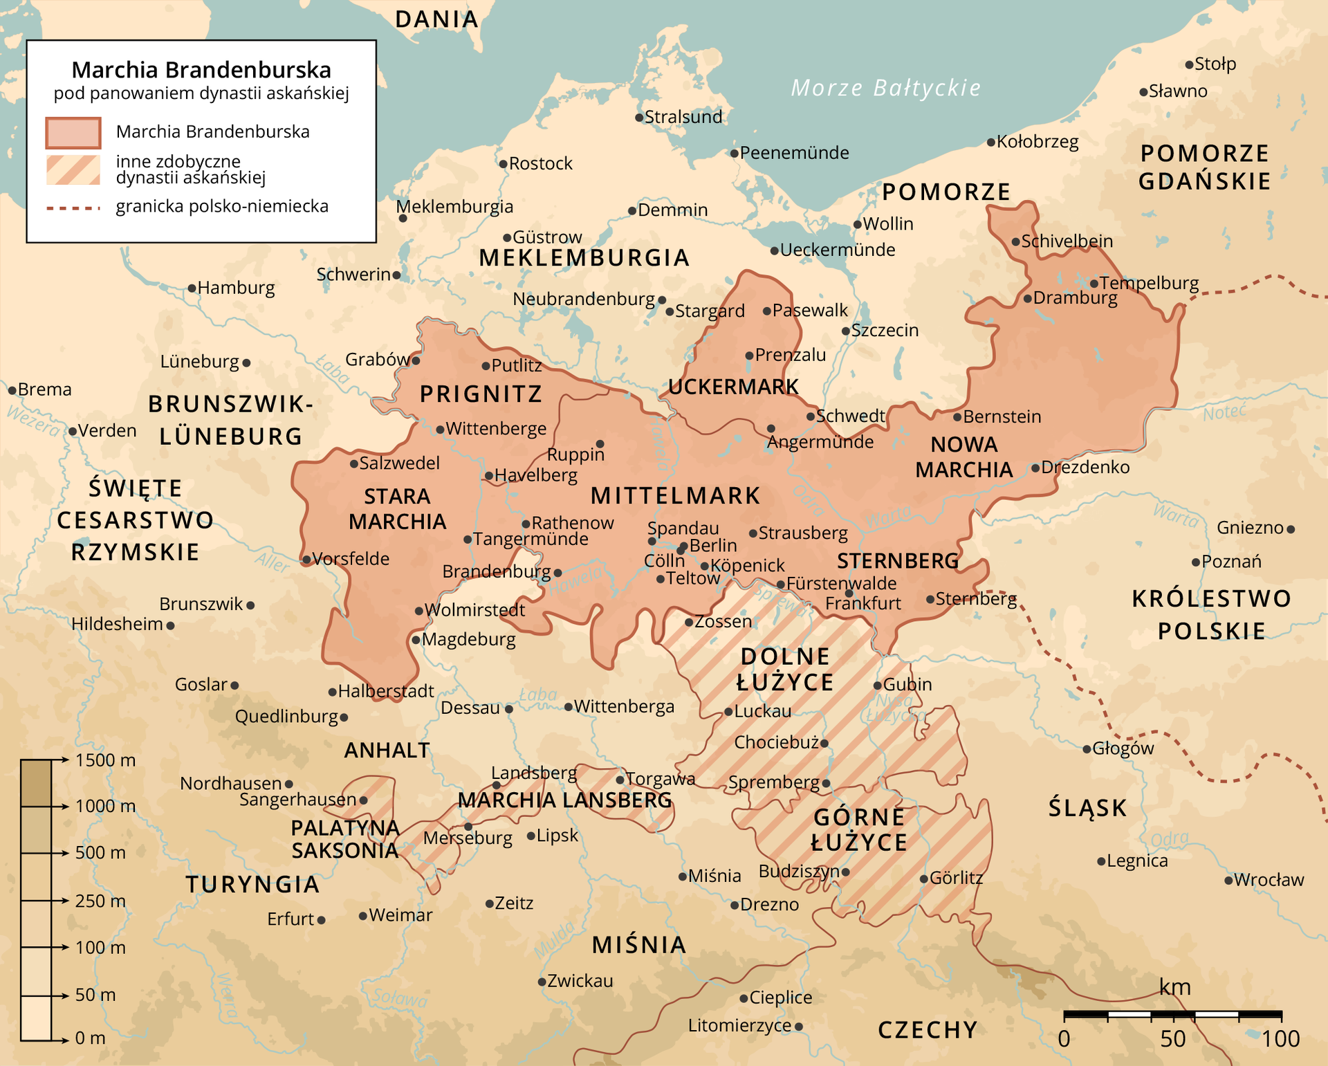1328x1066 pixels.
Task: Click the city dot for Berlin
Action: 683,546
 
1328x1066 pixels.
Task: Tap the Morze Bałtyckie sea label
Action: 885,88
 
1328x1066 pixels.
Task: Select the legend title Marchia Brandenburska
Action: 201,70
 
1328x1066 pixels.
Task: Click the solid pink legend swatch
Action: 73,133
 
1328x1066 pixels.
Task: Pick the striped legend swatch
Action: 73,169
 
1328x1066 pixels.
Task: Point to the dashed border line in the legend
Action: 73,208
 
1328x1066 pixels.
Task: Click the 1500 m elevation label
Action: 105,760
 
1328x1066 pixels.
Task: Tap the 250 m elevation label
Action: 100,901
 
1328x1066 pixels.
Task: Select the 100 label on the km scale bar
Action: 1280,1039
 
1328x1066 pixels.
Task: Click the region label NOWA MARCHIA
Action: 964,457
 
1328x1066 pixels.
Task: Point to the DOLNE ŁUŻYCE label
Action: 785,669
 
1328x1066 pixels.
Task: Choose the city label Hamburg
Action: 236,288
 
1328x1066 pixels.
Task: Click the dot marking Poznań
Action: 1196,562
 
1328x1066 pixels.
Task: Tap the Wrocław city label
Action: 1269,880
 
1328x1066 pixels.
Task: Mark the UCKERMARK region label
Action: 733,387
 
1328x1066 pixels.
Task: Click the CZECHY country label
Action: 928,1030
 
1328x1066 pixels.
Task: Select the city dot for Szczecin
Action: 845,331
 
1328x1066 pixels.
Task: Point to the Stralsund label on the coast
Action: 683,117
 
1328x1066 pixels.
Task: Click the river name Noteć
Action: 1224,413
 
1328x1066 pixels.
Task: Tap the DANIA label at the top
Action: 436,19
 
